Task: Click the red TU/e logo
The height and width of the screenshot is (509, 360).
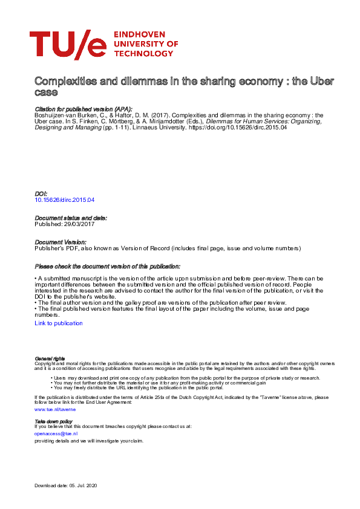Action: pos(68,44)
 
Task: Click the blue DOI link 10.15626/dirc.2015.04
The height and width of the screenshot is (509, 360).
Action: pos(65,199)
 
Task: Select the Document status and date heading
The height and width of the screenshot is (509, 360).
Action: pos(71,218)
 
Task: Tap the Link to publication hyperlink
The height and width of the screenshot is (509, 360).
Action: pos(59,323)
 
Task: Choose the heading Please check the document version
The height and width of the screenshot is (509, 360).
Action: pos(108,267)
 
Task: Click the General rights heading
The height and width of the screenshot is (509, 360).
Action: pos(50,359)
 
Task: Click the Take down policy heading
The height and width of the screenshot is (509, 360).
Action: pos(53,421)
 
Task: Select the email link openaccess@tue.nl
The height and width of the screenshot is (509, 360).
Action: pos(56,433)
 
